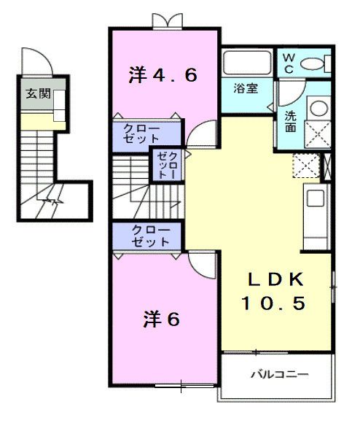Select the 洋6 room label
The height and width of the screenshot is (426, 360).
161,319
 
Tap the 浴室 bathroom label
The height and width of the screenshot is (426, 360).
245,89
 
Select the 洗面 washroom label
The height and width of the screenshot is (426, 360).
290,120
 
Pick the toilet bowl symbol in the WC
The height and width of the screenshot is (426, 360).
315,63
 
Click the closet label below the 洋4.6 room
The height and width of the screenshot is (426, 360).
146,133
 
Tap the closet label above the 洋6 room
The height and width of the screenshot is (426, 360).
150,236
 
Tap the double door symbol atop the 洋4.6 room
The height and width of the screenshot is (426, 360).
164,20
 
